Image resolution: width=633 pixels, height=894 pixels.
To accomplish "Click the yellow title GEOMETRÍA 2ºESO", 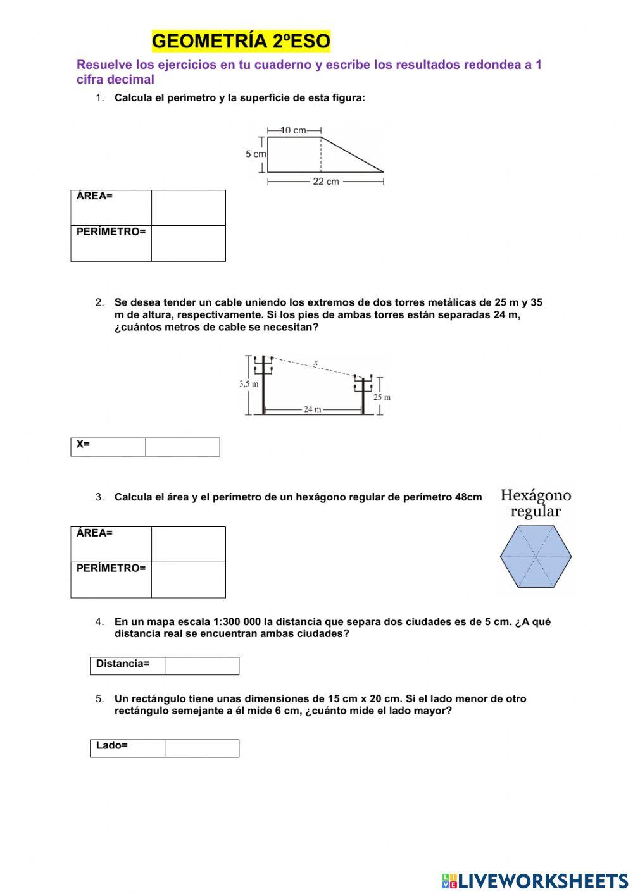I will coord(241,41).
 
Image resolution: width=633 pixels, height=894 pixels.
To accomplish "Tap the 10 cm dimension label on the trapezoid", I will coord(293,130).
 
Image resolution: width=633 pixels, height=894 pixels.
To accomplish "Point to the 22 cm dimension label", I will coord(326,182).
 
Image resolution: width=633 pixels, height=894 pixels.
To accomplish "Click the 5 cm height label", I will coord(256,154).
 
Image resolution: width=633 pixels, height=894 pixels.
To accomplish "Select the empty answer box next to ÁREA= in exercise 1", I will coord(188,208).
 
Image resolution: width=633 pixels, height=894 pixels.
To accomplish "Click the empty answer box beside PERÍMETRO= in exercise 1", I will coord(188,244).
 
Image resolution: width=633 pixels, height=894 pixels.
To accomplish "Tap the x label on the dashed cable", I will coord(316,363).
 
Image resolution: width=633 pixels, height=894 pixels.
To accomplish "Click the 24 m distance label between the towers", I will coord(313,409).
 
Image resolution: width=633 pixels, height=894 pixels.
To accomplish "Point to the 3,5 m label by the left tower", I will coord(249,383).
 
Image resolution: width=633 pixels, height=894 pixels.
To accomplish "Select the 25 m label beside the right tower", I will coord(382,397).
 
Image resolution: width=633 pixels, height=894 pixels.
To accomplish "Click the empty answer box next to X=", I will coord(182,447).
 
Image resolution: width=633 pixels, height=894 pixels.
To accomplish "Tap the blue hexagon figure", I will coord(536,557).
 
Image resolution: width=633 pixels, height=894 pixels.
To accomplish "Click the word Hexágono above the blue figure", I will coord(536,495).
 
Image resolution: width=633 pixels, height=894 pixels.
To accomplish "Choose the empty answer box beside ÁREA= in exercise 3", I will coord(188,544).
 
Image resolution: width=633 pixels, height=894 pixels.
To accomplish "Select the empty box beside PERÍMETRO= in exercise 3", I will coord(188,580).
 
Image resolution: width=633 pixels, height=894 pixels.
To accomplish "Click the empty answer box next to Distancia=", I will coord(201,666).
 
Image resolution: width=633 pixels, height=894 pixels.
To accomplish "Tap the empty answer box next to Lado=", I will coord(201,748).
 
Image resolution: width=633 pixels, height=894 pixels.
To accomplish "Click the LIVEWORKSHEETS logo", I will coord(535,880).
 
